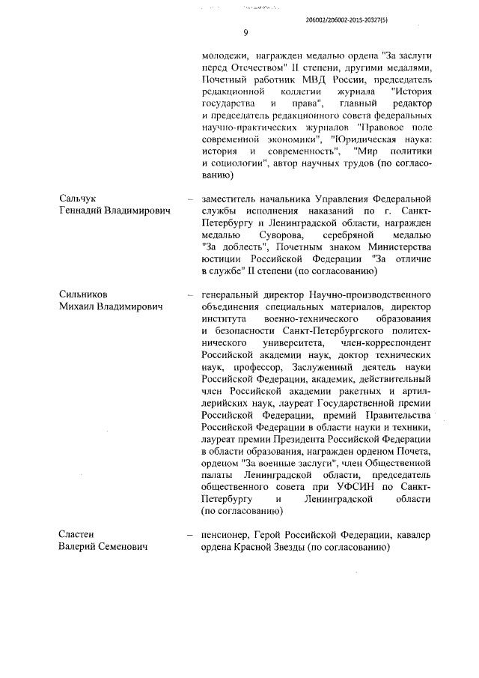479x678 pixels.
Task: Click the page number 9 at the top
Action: coord(245,33)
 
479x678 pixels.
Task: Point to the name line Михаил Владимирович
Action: coord(111,307)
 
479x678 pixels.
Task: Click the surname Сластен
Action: coord(79,534)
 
